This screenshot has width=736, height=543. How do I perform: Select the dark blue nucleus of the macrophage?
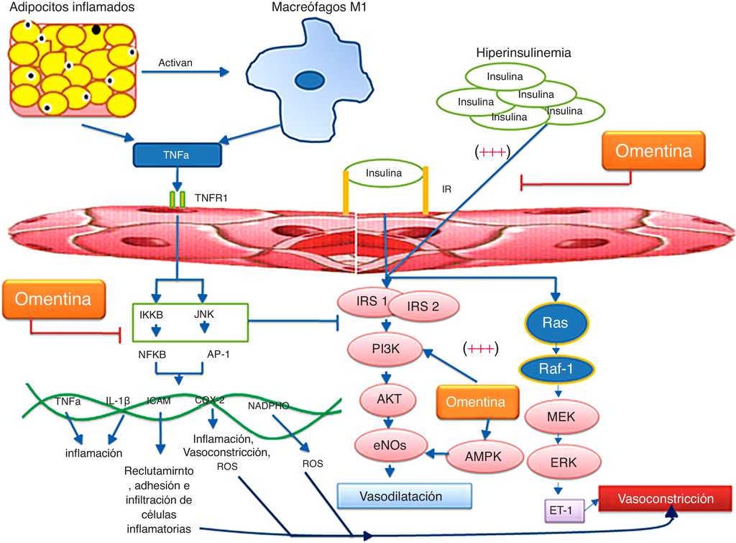coord(311,79)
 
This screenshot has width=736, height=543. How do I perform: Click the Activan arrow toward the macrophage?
coord(185,71)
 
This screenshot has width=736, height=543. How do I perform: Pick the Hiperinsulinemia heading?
coord(523,53)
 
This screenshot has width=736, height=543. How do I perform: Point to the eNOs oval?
coord(388,446)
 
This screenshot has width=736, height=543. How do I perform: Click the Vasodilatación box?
coord(404,496)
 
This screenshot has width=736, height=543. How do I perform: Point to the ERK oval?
coord(561,461)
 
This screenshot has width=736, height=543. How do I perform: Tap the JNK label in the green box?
coord(204,314)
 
